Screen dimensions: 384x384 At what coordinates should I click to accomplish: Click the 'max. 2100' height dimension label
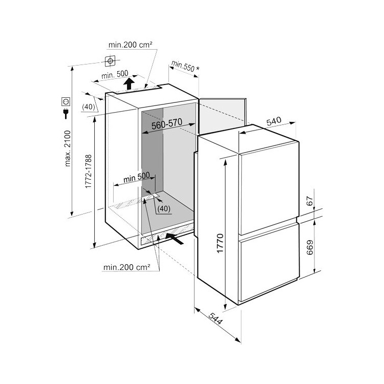(68, 148)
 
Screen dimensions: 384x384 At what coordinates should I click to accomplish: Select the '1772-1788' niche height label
(89, 171)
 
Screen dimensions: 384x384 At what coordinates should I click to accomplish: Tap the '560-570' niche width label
(167, 124)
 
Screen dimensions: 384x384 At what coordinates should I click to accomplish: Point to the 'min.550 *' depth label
(185, 66)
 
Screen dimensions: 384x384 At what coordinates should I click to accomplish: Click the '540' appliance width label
(274, 121)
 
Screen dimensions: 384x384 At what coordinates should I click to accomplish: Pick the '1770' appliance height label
(220, 243)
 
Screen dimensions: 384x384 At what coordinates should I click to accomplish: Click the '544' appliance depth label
(216, 318)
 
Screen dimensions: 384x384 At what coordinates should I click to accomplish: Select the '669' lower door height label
(310, 247)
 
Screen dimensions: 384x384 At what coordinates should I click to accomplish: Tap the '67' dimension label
(310, 201)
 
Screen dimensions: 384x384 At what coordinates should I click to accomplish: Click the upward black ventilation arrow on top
(129, 84)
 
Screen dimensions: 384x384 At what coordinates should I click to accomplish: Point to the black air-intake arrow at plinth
(175, 239)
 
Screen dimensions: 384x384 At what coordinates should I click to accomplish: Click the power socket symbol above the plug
(66, 101)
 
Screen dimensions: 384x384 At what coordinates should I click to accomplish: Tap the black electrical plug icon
(66, 113)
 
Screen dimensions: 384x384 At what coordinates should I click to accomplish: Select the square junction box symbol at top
(110, 61)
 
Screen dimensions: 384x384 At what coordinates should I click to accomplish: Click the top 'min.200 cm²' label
(131, 45)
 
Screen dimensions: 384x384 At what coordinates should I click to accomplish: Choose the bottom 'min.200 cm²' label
(126, 267)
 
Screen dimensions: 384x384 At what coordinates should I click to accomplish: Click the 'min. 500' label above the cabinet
(115, 74)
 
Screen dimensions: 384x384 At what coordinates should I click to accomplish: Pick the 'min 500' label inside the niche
(136, 177)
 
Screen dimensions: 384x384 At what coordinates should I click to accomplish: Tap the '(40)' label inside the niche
(164, 209)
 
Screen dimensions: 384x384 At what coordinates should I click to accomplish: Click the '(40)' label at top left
(89, 107)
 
